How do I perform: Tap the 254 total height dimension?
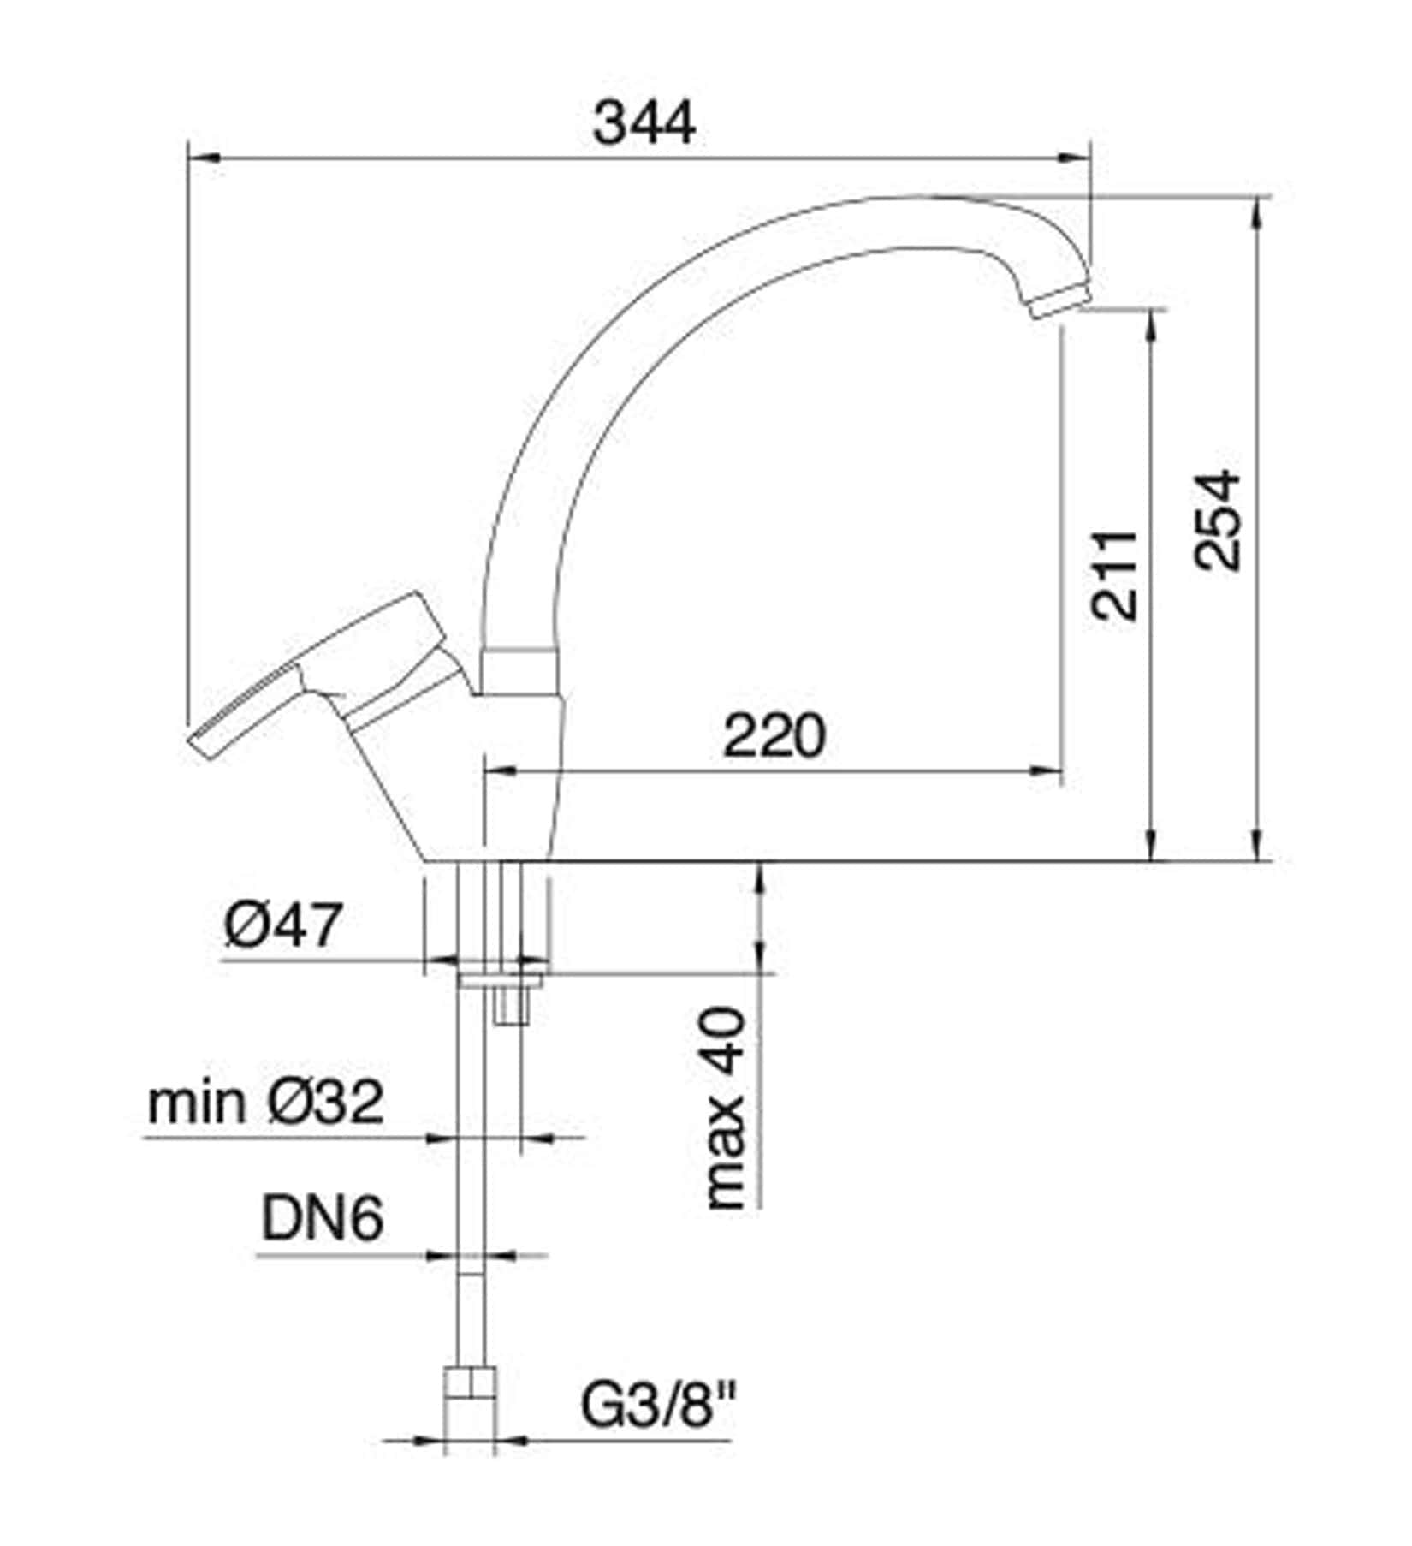pos(1217,519)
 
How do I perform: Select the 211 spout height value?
pos(1115,575)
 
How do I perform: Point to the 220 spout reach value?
pos(774,734)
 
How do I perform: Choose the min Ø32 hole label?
pos(265,1103)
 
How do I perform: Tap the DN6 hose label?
pos(322,1219)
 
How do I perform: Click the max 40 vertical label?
pos(727,1108)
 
